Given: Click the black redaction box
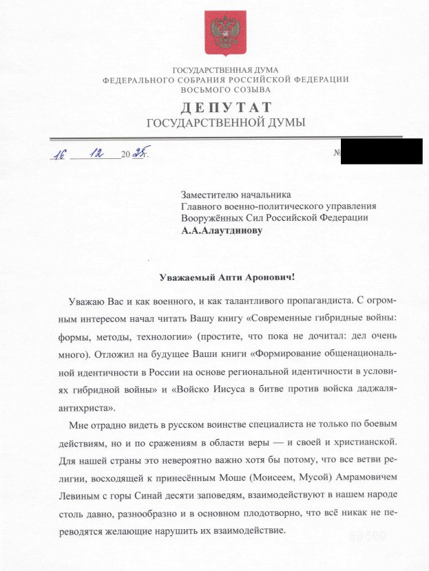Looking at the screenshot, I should (381, 151).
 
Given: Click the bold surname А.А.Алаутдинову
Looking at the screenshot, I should (221, 232).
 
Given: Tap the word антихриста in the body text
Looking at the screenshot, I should (77, 407).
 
